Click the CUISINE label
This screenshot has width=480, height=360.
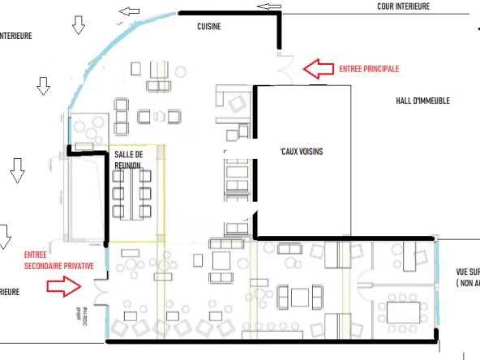coord(209,27)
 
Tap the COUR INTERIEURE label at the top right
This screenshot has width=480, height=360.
coord(414,6)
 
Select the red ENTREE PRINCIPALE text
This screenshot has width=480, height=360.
coord(369,69)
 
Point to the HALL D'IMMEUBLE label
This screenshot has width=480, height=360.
coord(422,101)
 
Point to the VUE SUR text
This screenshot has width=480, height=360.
coord(468,272)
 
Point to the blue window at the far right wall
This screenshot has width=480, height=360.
coord(438,283)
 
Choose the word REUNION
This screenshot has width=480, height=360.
coord(128,165)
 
